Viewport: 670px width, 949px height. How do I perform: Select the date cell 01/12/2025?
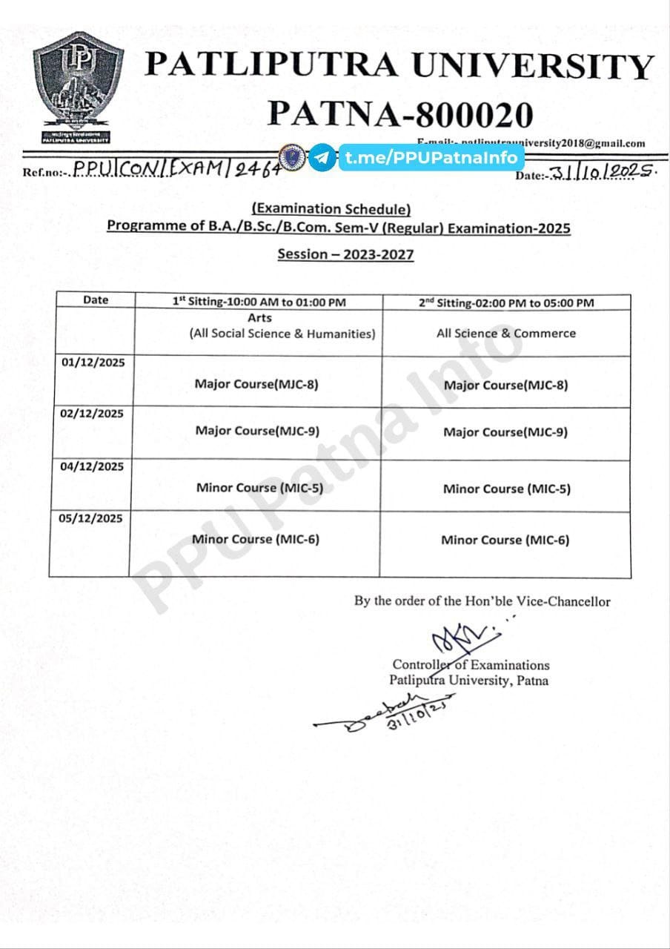pos(93,363)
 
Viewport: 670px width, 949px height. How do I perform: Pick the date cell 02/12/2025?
pos(93,413)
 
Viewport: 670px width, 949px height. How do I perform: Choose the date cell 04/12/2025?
pos(93,466)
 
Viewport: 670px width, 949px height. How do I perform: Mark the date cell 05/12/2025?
pos(93,518)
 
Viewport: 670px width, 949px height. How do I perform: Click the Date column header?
pos(96,300)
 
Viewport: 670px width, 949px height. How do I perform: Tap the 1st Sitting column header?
pos(259,302)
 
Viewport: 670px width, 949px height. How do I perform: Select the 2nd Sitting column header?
pos(506,302)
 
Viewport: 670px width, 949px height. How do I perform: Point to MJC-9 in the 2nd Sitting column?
pos(505,432)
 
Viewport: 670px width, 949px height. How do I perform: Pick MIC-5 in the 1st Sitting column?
pos(259,488)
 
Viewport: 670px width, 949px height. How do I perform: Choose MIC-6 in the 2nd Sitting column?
pos(505,540)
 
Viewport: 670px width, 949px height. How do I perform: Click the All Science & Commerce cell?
pos(505,334)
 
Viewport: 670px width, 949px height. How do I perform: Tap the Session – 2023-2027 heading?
pos(345,254)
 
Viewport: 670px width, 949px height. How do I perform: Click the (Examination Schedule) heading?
pos(331,209)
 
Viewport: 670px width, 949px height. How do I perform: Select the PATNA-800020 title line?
pos(400,113)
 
